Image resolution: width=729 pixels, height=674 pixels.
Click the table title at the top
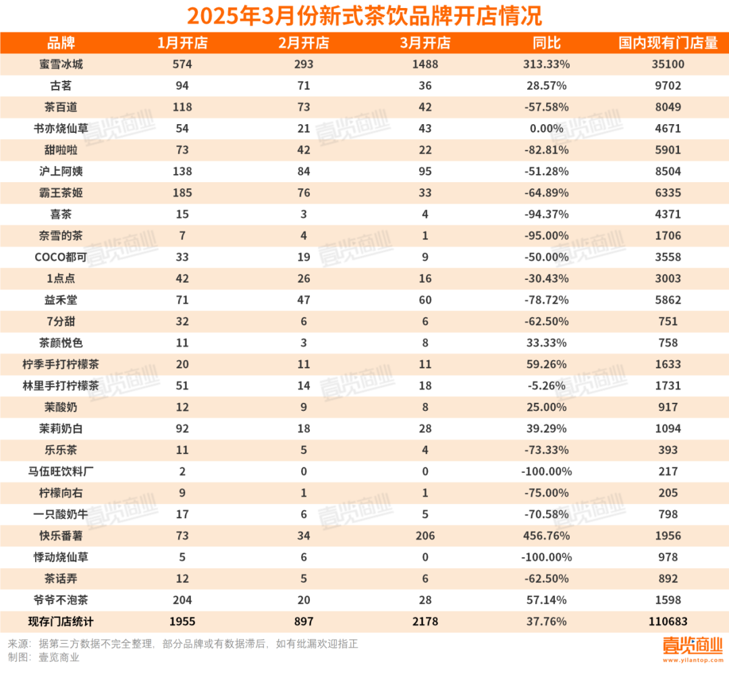coord(364,15)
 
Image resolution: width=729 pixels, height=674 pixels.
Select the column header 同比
coord(547,43)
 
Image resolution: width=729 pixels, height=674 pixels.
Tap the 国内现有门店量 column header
coord(668,43)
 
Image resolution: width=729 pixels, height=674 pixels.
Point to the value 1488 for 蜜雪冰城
coord(425,65)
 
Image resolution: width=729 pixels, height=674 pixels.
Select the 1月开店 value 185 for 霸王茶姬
coord(182,193)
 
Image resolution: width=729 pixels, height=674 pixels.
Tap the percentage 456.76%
coord(547,536)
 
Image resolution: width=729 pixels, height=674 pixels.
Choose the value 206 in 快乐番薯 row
coord(425,536)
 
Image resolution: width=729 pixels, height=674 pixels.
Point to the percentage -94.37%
coord(547,215)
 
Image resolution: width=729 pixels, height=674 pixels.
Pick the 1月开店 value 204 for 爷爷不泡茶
coord(182,600)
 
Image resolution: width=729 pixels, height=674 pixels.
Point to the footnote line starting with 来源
coord(182,644)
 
